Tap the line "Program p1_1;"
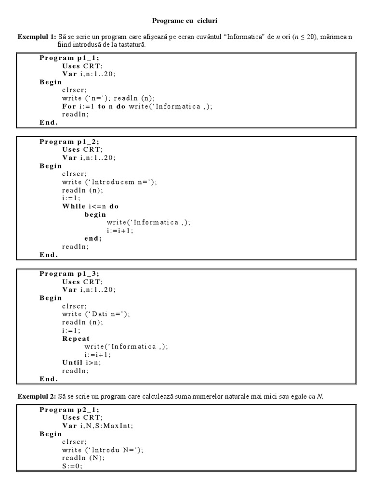(x=69, y=58)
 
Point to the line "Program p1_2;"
(x=69, y=142)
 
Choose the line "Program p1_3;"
(x=69, y=273)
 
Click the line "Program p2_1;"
(x=69, y=410)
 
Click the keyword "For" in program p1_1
(x=69, y=106)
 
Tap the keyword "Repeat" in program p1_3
(x=76, y=338)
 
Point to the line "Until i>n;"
(x=81, y=363)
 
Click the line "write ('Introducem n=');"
(x=109, y=182)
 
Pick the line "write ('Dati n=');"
(x=96, y=314)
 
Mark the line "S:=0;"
(x=72, y=467)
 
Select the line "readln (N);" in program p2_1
(x=83, y=458)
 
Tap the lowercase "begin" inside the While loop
(x=95, y=214)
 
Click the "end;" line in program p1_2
(x=93, y=238)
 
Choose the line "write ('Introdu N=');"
(x=103, y=450)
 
